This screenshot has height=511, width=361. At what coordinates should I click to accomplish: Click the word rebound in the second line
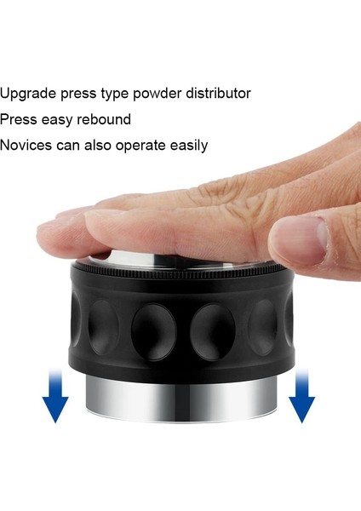click(104, 120)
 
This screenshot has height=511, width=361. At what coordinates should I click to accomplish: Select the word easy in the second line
click(59, 120)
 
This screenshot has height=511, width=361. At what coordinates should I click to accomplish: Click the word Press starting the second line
click(19, 120)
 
